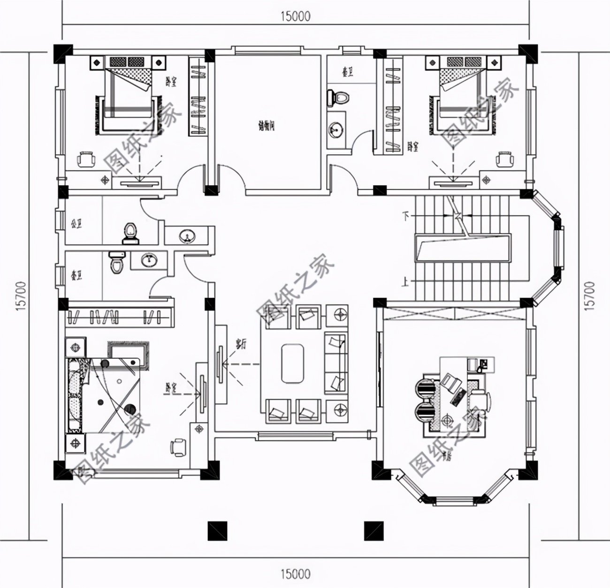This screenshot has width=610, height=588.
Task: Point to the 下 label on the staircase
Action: click(406, 216)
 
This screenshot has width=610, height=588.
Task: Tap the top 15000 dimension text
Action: click(296, 16)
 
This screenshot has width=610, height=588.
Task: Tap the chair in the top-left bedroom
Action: click(86, 159)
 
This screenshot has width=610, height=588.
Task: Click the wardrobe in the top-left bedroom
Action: click(198, 96)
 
